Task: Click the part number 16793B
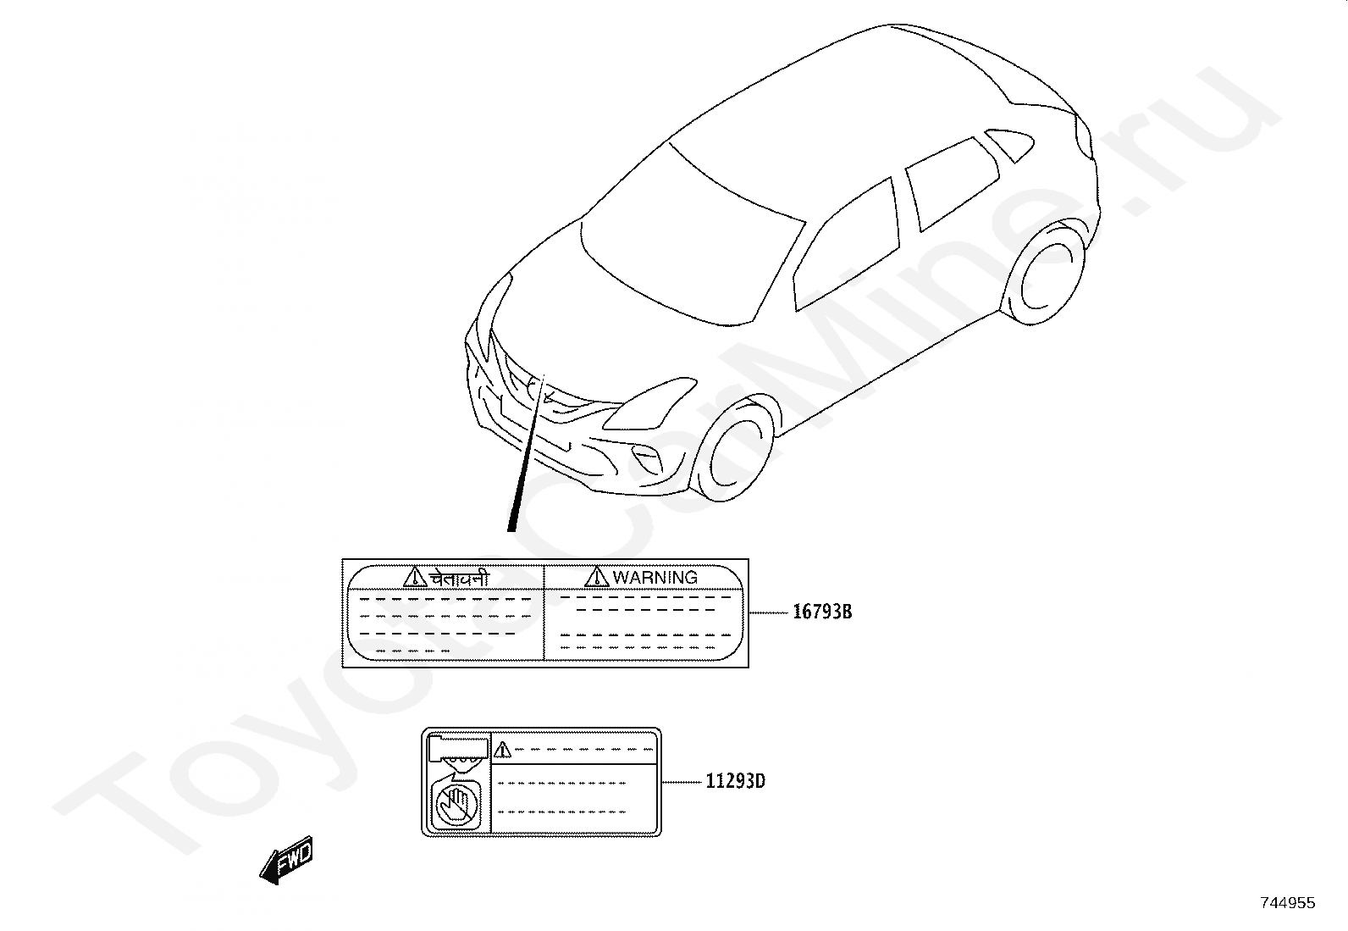821,612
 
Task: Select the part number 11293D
735,781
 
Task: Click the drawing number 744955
1287,903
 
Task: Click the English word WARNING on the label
655,578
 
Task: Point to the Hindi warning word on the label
459,578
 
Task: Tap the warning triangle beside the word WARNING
597,577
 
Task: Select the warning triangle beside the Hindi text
415,577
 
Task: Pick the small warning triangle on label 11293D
503,749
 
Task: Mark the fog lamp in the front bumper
651,460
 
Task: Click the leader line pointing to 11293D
682,782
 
